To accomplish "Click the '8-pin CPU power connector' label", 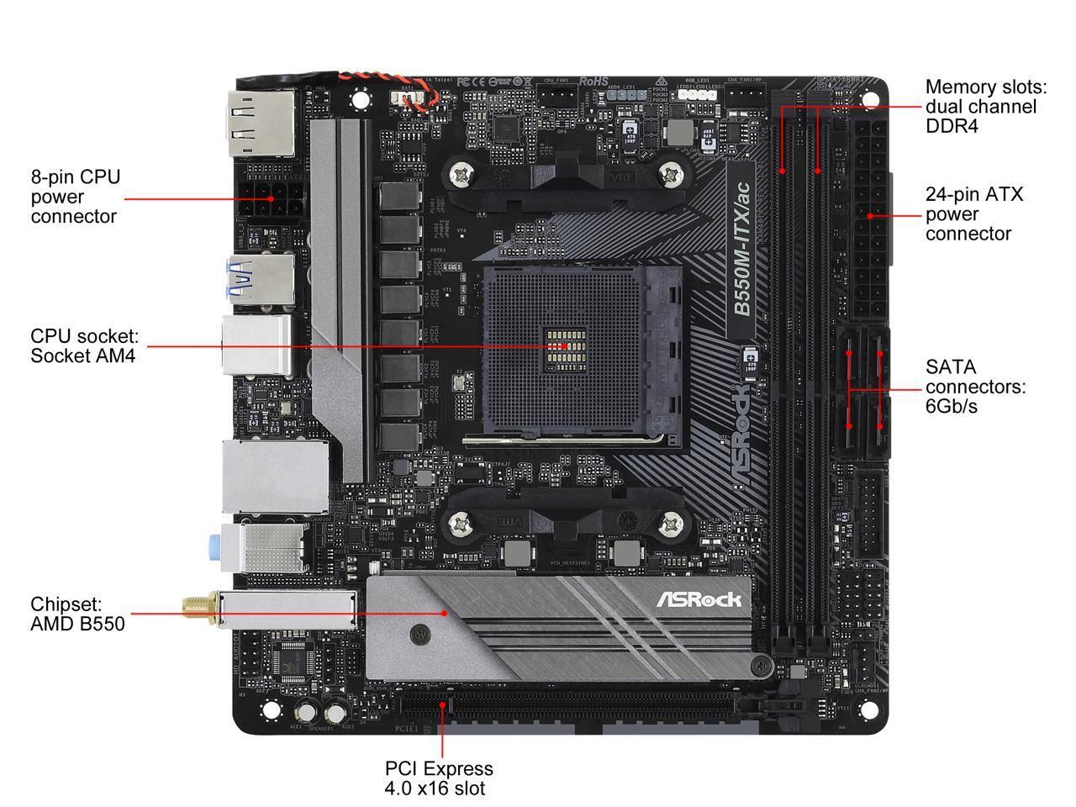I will [76, 197].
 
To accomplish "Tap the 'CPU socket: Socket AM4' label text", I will [84, 345].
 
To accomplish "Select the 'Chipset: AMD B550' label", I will [77, 614].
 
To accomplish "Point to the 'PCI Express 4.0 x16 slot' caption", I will [439, 778].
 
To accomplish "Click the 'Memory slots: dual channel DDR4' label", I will [986, 107].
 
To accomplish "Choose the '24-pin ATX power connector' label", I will [974, 214].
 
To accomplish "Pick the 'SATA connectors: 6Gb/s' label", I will [975, 387].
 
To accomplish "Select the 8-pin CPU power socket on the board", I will [271, 199].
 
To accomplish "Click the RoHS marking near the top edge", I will [593, 82].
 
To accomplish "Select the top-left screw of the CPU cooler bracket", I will [462, 176].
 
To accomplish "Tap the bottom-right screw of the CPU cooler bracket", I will [670, 525].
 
